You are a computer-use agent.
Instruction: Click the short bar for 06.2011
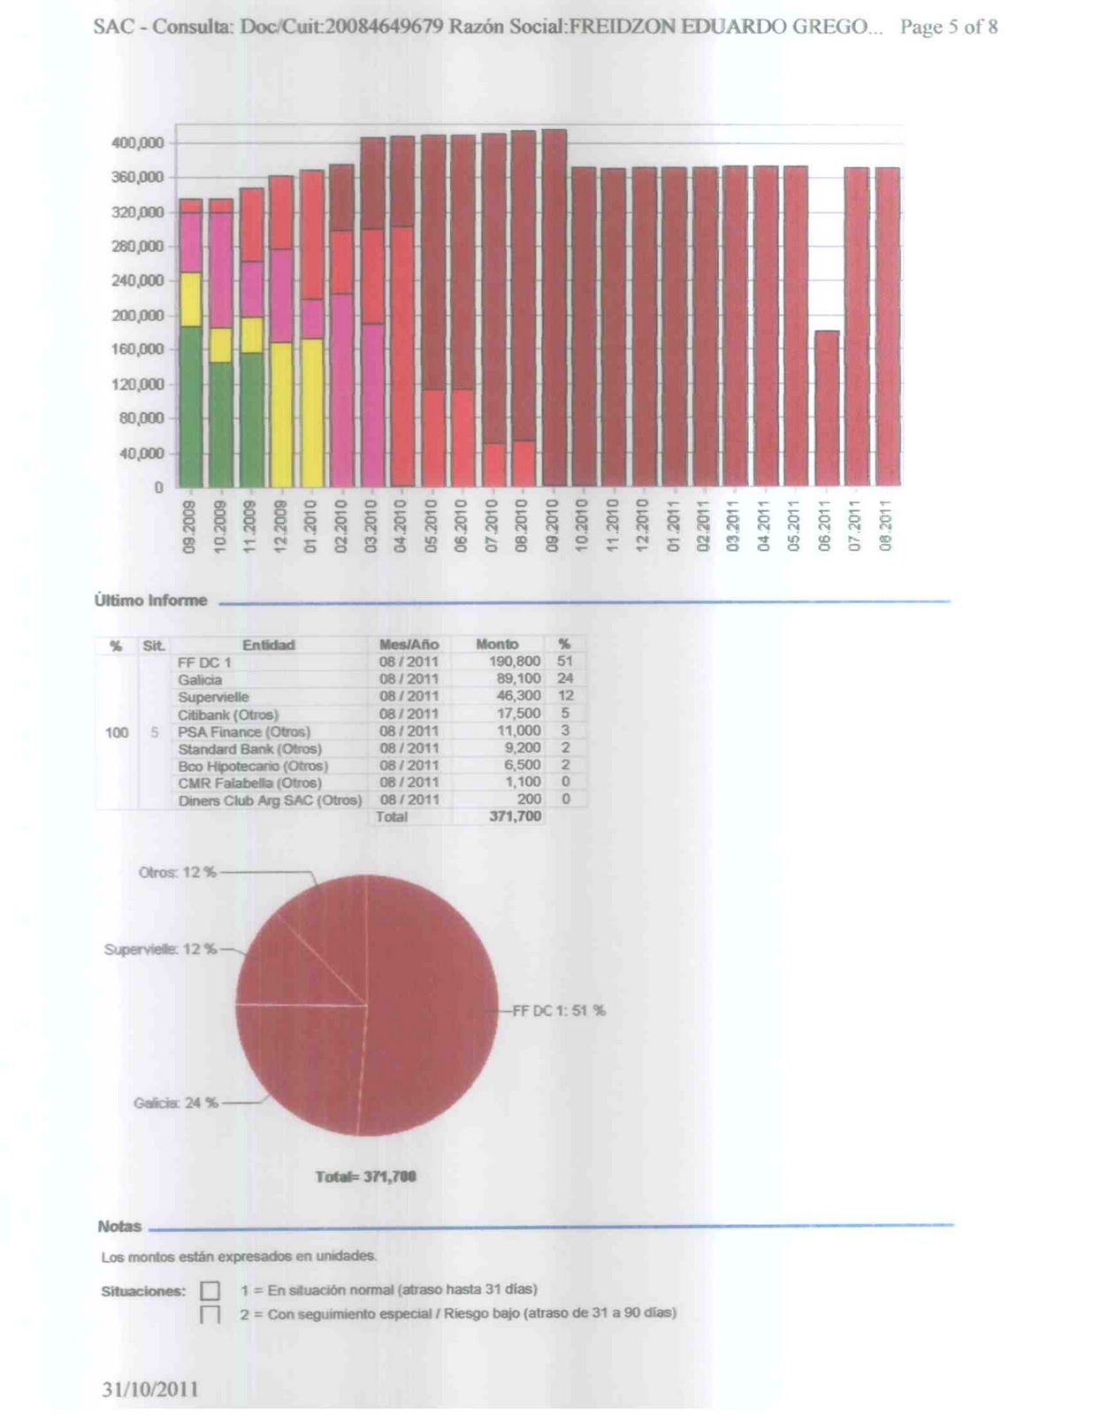tap(827, 408)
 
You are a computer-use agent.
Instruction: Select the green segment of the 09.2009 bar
tap(190, 406)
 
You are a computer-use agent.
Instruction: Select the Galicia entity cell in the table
tap(200, 679)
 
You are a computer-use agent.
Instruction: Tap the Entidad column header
tap(268, 646)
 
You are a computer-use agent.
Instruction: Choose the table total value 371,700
tap(515, 816)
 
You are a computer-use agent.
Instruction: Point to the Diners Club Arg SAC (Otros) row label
tap(270, 800)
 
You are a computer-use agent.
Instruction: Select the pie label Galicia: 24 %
tap(175, 1103)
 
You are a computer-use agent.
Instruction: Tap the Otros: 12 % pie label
tap(177, 872)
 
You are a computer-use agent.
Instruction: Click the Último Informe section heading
tap(150, 600)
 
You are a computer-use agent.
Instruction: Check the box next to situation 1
tap(210, 1291)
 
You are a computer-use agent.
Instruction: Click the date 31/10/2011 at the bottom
tap(149, 1389)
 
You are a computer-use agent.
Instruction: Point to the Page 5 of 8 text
tap(949, 27)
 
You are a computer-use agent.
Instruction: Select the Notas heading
tap(119, 1227)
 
